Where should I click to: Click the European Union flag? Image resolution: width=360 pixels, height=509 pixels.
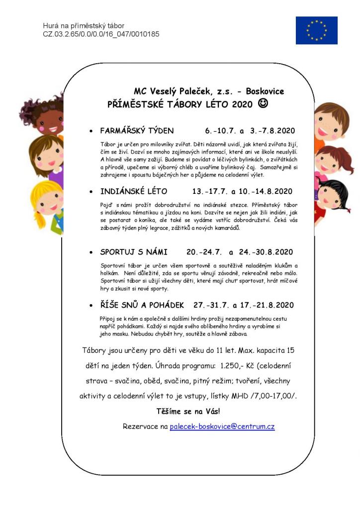[316, 30]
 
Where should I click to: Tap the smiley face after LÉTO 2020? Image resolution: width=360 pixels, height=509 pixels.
[263, 104]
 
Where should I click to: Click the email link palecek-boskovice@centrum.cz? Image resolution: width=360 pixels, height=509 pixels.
[222, 426]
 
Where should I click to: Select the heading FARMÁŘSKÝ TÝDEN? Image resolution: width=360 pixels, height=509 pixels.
[137, 131]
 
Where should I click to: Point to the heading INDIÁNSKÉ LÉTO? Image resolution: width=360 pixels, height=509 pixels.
[134, 191]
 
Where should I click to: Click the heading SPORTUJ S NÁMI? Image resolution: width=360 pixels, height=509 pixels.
[134, 252]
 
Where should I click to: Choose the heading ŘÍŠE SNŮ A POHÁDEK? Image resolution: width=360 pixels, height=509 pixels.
[142, 305]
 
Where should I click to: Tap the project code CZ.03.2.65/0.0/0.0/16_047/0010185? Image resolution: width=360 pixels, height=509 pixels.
[101, 34]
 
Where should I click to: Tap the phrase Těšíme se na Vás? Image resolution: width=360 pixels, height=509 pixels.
[188, 411]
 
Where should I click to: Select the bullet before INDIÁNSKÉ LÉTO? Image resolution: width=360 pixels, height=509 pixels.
[91, 192]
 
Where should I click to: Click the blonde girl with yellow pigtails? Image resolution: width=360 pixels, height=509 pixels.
[47, 204]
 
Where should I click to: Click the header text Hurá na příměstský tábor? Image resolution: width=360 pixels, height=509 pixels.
[84, 26]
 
